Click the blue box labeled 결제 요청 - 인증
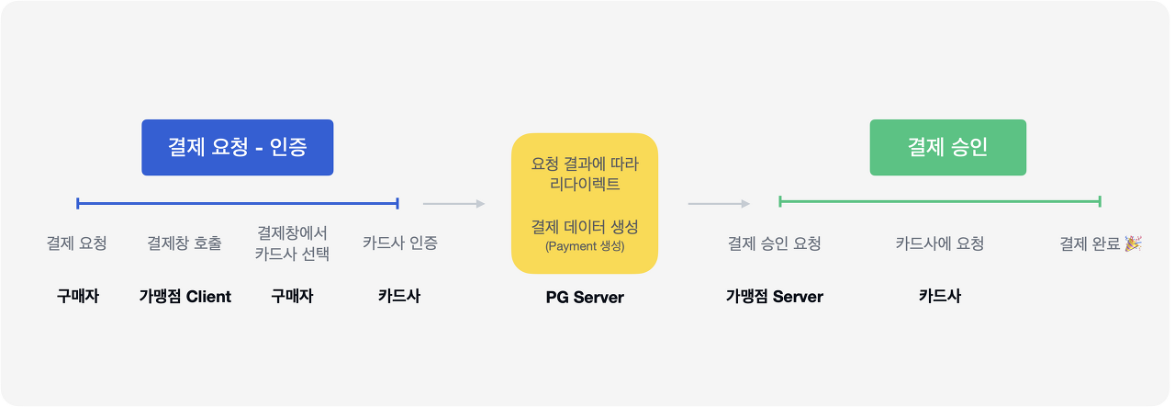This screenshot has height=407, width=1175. click(237, 147)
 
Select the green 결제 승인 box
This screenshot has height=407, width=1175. click(947, 147)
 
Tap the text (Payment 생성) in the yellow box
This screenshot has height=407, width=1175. click(584, 246)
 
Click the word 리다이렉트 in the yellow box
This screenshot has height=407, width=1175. click(584, 185)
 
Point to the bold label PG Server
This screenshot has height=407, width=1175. click(585, 297)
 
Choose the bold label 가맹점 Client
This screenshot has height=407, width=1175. click(185, 296)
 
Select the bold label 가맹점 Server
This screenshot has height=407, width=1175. click(774, 296)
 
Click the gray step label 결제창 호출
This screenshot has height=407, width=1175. click(185, 243)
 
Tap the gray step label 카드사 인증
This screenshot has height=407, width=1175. click(399, 243)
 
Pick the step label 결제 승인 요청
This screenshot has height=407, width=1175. click(774, 243)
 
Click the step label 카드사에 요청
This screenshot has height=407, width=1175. click(939, 243)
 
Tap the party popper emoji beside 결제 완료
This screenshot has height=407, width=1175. click(1134, 243)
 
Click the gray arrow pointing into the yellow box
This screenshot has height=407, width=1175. click(453, 203)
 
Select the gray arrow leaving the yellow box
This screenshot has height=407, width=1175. click(719, 203)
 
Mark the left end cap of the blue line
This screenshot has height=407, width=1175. click(78, 203)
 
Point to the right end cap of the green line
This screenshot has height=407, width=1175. click(1099, 201)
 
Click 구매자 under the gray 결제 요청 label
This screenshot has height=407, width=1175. click(77, 296)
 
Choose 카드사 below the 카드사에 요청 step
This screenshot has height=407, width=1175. click(939, 296)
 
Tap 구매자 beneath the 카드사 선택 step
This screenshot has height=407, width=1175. click(292, 296)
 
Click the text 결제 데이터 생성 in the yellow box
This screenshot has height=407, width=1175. click(584, 226)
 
